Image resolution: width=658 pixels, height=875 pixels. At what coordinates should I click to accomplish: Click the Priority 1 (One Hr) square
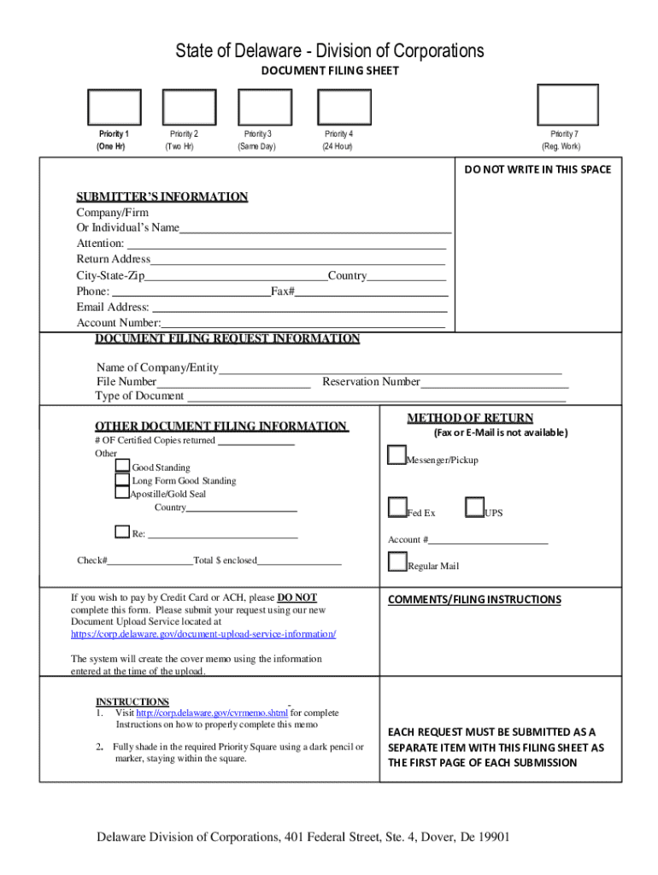tap(113, 108)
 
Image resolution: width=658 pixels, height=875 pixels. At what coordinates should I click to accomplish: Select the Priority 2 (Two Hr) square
tap(189, 108)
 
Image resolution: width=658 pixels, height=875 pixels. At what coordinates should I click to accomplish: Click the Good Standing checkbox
tap(123, 466)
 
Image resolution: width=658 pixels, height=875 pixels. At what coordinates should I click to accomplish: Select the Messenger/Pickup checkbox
tap(397, 455)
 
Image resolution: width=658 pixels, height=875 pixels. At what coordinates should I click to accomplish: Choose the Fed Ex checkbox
tap(397, 508)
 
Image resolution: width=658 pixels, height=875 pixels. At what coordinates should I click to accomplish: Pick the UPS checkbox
tap(474, 508)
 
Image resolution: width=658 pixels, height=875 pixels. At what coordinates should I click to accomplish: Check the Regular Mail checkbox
tap(397, 562)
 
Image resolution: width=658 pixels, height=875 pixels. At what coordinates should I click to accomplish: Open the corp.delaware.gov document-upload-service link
tap(203, 634)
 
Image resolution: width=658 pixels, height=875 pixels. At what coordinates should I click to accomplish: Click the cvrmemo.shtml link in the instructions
tap(212, 713)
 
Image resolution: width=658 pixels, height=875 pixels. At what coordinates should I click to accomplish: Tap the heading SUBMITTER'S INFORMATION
tap(162, 197)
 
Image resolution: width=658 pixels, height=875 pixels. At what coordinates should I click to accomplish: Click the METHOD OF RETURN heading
tap(470, 418)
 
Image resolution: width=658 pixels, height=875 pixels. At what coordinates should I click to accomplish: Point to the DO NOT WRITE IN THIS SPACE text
tap(538, 169)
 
